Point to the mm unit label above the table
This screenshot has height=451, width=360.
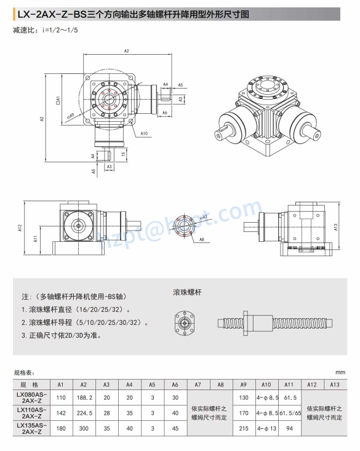pyautogui.click(x=340, y=372)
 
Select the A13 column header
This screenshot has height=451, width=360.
pyautogui.click(x=335, y=385)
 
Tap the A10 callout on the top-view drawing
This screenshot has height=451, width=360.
pyautogui.click(x=144, y=133)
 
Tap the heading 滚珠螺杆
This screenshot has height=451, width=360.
pyautogui.click(x=185, y=293)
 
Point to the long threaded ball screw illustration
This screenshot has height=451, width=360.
pyautogui.click(x=276, y=321)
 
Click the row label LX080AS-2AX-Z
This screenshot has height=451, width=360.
pyautogui.click(x=31, y=398)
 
